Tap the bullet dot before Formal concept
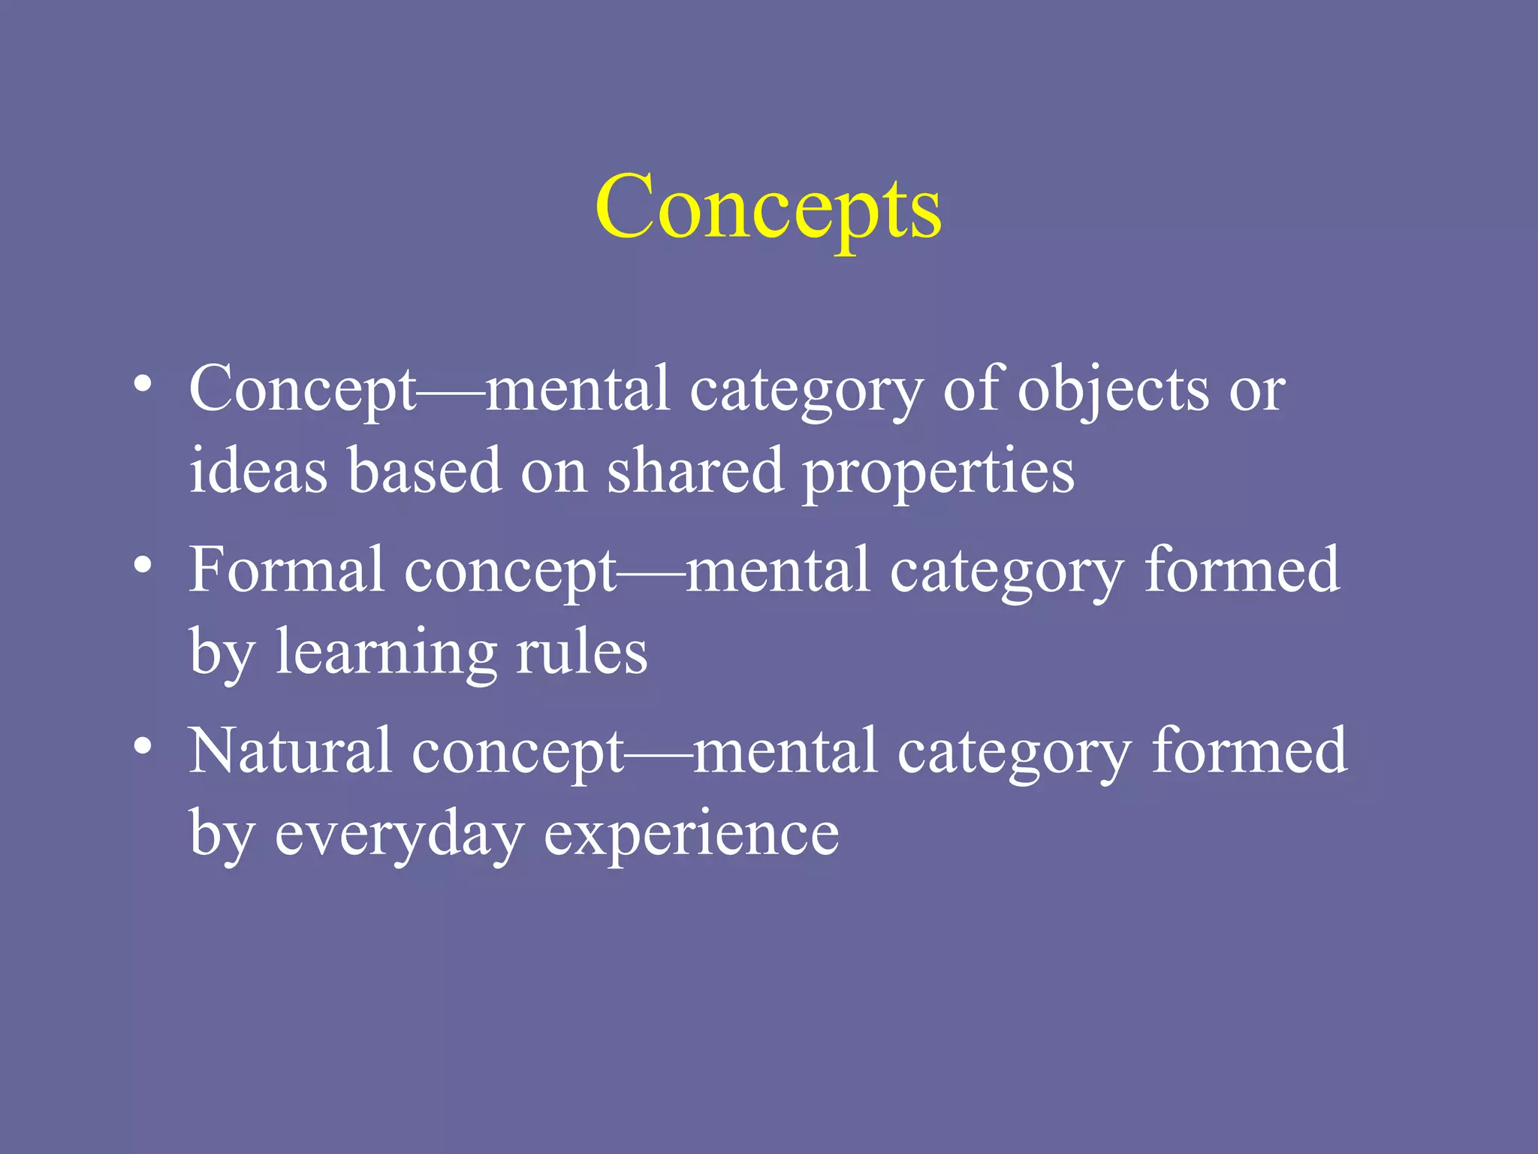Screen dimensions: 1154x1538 [x=143, y=564]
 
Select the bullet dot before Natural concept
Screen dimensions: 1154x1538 [x=143, y=745]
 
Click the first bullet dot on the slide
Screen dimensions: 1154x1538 [x=143, y=384]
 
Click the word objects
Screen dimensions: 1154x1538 [x=1113, y=391]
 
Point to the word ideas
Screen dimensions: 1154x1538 [x=258, y=471]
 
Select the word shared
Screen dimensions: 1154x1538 [x=695, y=471]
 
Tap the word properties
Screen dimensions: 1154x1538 [x=938, y=474]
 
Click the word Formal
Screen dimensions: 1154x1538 [x=286, y=570]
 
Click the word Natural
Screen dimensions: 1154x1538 [x=290, y=751]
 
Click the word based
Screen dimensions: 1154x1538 [x=424, y=471]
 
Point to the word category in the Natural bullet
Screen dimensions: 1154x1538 [x=1014, y=754]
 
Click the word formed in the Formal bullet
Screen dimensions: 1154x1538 [x=1242, y=570]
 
